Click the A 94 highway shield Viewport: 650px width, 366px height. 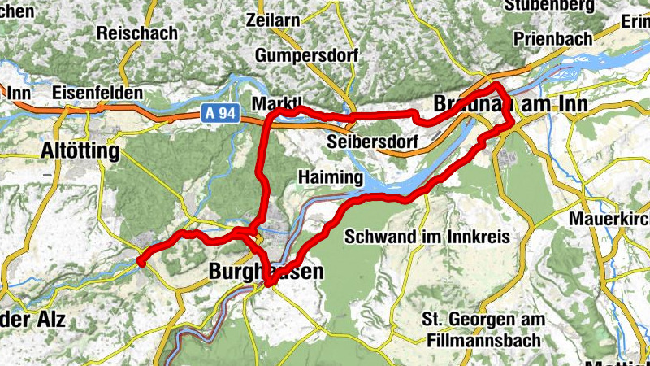(221, 117)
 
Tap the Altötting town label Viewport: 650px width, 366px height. (80, 151)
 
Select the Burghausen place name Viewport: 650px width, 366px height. (266, 271)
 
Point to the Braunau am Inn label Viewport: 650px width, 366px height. (498, 106)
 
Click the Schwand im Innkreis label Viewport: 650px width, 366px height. (427, 237)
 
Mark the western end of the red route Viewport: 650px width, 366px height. (141, 262)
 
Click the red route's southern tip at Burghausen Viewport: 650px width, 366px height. (267, 283)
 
